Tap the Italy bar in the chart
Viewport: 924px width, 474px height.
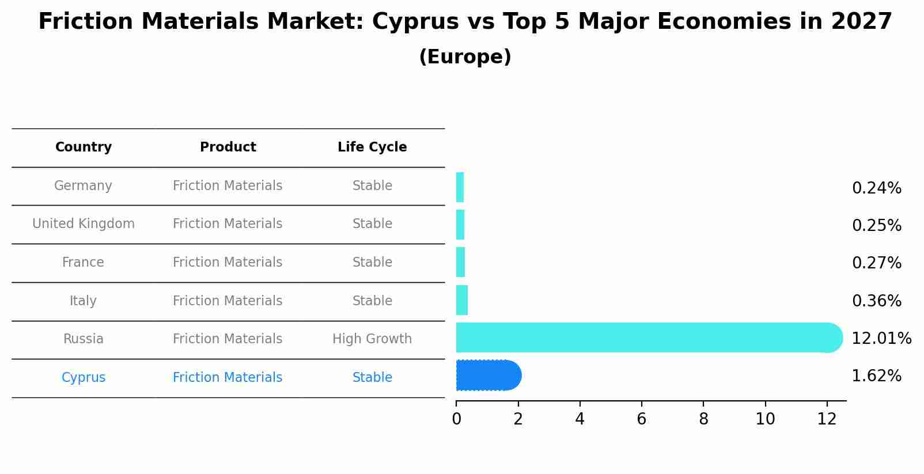pyautogui.click(x=462, y=300)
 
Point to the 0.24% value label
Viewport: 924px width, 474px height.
pyautogui.click(x=876, y=188)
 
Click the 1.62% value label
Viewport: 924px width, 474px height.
pyautogui.click(x=876, y=376)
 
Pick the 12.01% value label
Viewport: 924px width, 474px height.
pyautogui.click(x=881, y=338)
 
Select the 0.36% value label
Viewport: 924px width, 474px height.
pyautogui.click(x=876, y=301)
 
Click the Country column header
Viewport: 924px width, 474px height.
pyautogui.click(x=84, y=147)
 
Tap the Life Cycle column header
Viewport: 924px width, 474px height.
pyautogui.click(x=372, y=147)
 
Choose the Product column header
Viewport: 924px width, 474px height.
pyautogui.click(x=228, y=147)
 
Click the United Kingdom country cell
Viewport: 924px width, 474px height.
pyautogui.click(x=84, y=223)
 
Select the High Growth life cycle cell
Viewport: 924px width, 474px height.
pyautogui.click(x=372, y=339)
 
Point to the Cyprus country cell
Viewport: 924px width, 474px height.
pyautogui.click(x=84, y=377)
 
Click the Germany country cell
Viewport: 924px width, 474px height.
pyautogui.click(x=83, y=185)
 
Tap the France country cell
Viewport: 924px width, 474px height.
pyautogui.click(x=83, y=262)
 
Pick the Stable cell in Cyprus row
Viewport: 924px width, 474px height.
pyautogui.click(x=372, y=377)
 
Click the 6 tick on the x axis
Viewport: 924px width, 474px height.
pyautogui.click(x=642, y=419)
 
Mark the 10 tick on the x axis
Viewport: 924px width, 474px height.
pyautogui.click(x=765, y=419)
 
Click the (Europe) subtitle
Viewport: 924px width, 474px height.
pyautogui.click(x=465, y=57)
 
